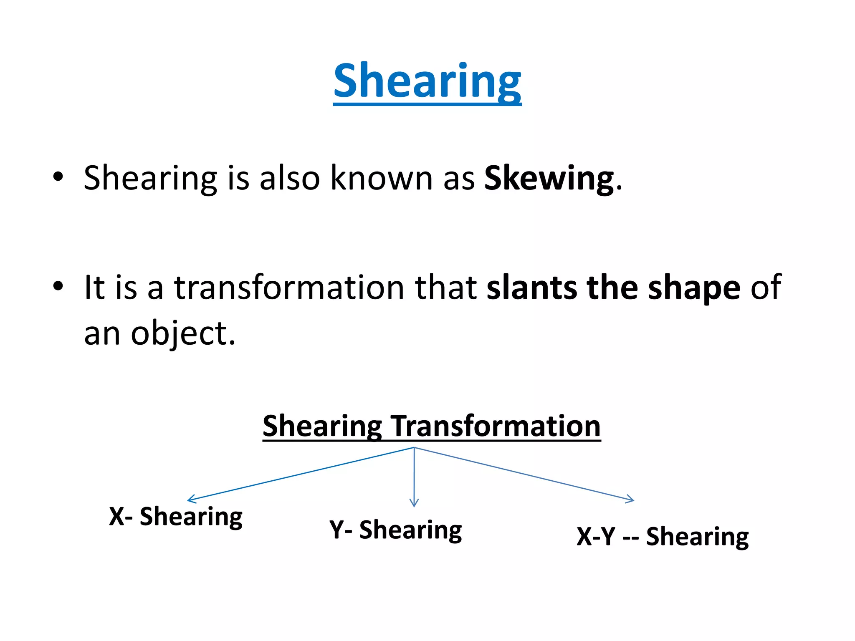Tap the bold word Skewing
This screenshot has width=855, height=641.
[x=549, y=179]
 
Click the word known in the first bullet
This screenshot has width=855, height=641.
[x=381, y=179]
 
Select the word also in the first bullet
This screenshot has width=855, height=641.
[x=289, y=179]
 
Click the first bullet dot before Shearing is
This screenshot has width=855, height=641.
[x=58, y=177]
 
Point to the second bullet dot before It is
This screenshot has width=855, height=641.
[x=58, y=286]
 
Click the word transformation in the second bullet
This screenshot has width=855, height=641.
[x=289, y=288]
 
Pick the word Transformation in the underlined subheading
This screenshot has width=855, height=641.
[x=496, y=426]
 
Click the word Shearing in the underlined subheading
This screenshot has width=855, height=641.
[x=322, y=426]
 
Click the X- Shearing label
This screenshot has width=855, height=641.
[x=176, y=517]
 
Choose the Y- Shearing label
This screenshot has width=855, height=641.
[x=395, y=530]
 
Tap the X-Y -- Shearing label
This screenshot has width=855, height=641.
[x=663, y=537]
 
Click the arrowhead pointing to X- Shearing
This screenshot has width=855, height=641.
[x=190, y=499]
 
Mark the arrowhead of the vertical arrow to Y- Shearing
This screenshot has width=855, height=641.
[x=414, y=504]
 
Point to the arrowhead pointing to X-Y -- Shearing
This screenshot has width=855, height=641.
[x=632, y=499]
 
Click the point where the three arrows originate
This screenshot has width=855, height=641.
[x=414, y=448]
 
